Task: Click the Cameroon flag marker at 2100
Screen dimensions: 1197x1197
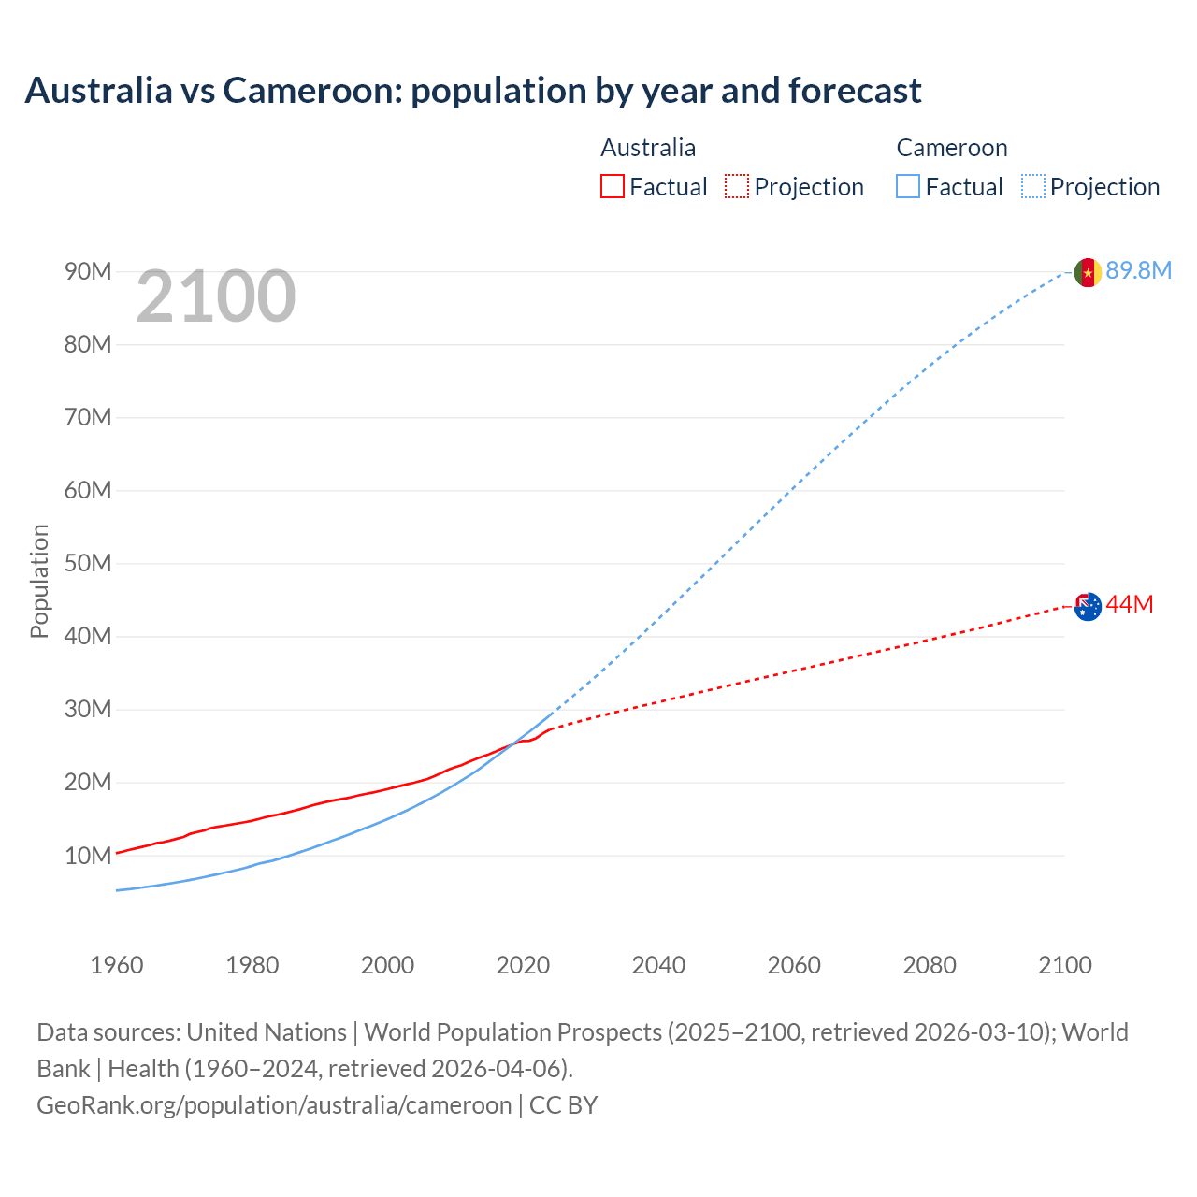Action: (x=1088, y=272)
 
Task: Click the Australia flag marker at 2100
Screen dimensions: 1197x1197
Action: (x=1088, y=607)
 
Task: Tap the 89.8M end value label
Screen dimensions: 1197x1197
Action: (x=1138, y=271)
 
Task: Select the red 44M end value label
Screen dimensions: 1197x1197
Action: (x=1130, y=605)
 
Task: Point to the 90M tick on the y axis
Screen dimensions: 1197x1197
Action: (x=88, y=272)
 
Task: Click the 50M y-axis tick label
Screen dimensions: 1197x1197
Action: (x=88, y=564)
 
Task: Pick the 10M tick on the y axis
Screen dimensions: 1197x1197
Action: (x=88, y=856)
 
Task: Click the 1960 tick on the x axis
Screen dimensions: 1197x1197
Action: (x=117, y=965)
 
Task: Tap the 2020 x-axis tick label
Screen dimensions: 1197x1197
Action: (x=523, y=965)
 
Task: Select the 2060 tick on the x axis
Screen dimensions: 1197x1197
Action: (x=794, y=965)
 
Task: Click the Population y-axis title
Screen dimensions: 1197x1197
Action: (x=39, y=581)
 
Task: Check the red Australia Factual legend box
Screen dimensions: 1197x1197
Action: (x=613, y=187)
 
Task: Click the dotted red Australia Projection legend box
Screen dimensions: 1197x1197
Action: (x=737, y=187)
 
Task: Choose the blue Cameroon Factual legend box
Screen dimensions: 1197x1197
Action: (x=908, y=187)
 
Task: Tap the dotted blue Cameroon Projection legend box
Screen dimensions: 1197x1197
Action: (x=1033, y=187)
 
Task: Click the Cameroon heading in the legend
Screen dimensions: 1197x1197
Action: (x=952, y=148)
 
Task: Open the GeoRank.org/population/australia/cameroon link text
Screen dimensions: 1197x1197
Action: (x=274, y=1105)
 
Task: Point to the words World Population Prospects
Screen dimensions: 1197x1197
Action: (x=512, y=1032)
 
